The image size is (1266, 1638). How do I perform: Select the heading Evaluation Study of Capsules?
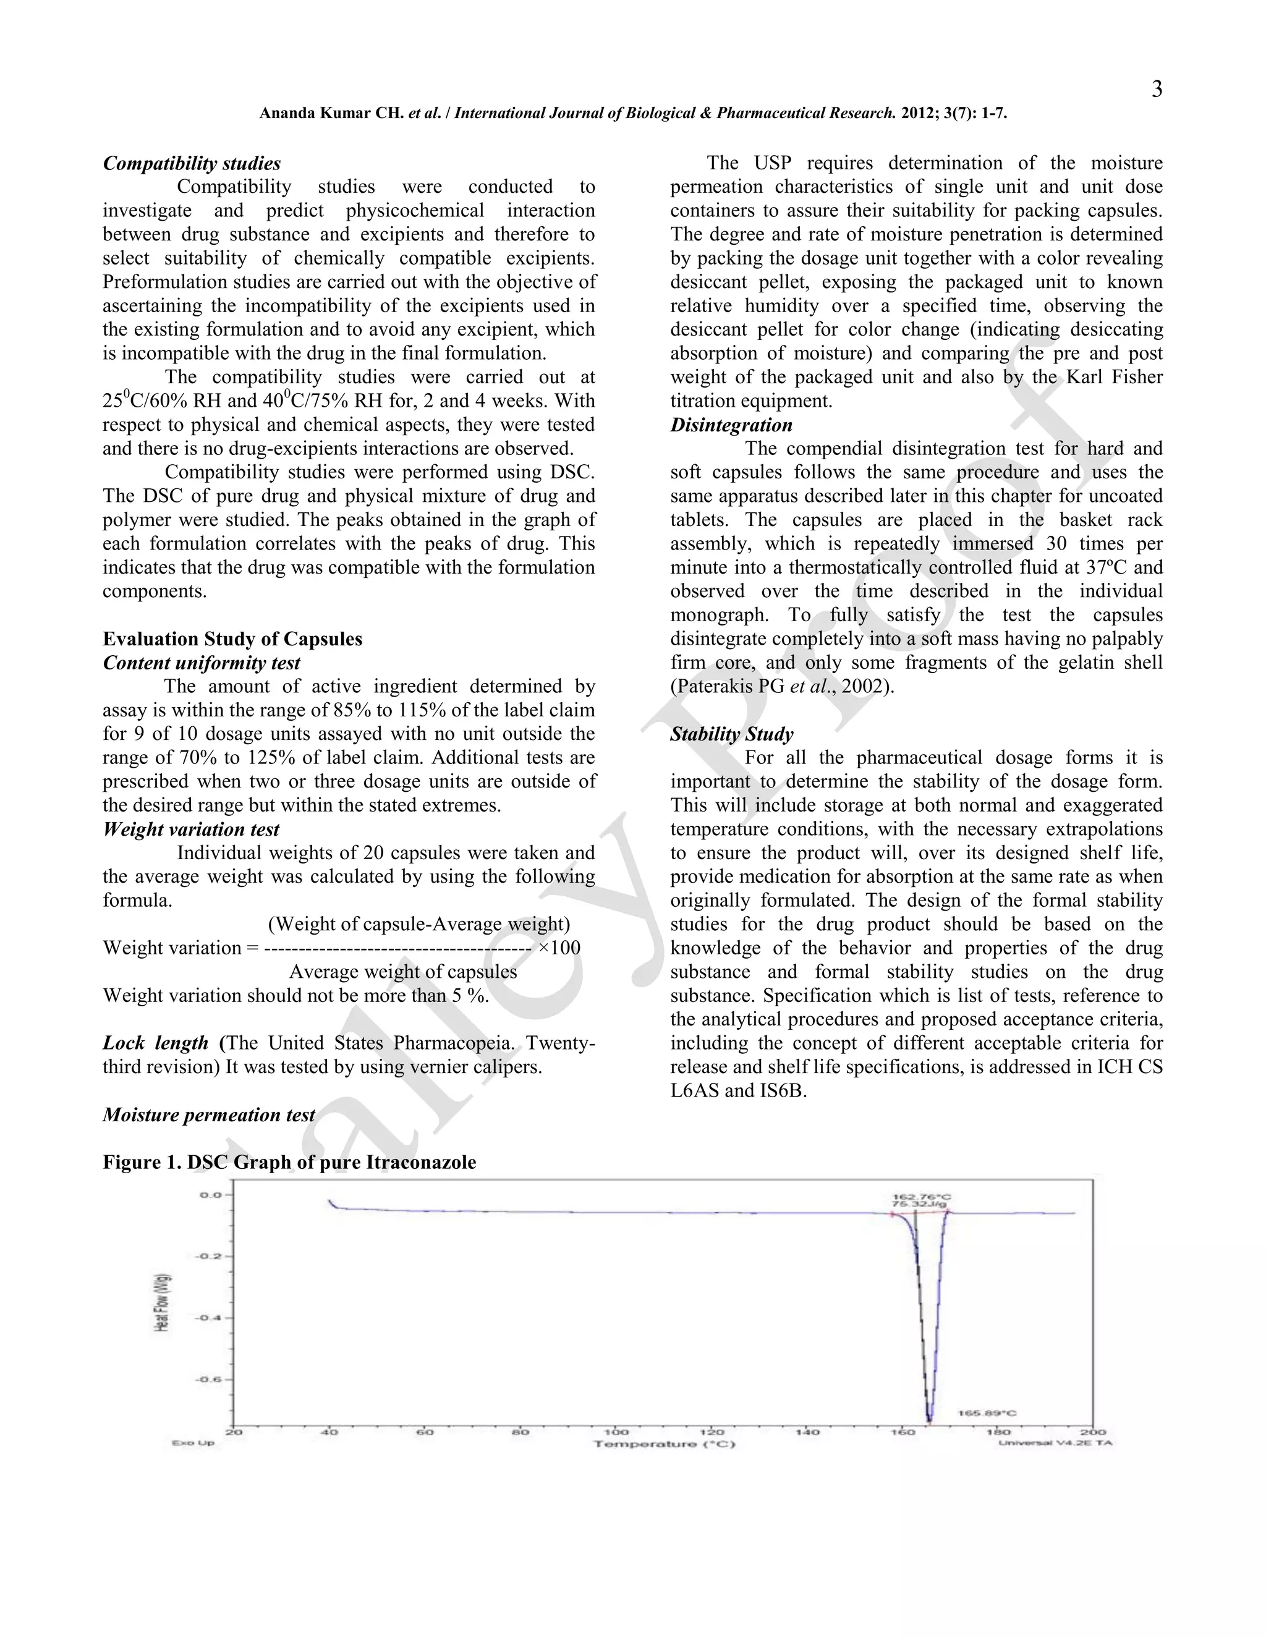click(x=232, y=639)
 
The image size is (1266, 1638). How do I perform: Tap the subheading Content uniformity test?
click(x=201, y=663)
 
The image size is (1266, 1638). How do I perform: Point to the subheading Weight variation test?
click(x=191, y=830)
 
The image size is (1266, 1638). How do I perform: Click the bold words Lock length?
click(x=155, y=1043)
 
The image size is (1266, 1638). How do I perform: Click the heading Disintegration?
click(x=731, y=425)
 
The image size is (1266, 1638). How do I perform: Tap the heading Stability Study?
click(x=731, y=734)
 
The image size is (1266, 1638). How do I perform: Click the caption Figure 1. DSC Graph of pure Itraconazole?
click(x=289, y=1163)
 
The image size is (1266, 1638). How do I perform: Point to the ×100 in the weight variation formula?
click(x=559, y=948)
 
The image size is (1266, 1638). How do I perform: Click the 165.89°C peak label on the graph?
click(x=987, y=1413)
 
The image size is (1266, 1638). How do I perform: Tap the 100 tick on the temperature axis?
click(x=616, y=1432)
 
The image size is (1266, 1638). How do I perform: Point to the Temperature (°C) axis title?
click(x=665, y=1444)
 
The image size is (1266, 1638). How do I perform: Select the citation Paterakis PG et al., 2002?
click(x=781, y=687)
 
